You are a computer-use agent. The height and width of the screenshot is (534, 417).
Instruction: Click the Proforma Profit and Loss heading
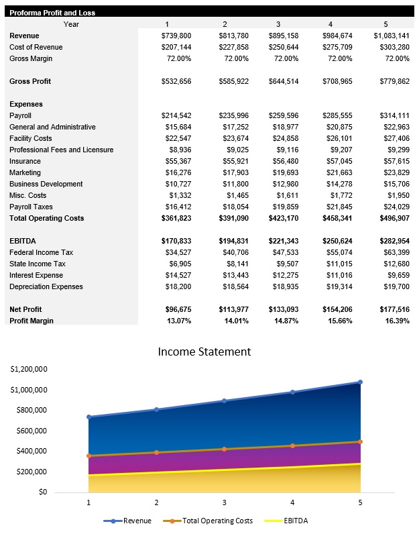52,13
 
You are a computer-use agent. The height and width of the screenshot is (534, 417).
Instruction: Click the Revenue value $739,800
176,36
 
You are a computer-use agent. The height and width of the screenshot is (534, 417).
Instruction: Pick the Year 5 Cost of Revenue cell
392,47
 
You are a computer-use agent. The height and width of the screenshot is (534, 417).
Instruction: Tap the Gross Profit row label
31,81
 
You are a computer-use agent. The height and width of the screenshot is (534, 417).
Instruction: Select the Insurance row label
25,161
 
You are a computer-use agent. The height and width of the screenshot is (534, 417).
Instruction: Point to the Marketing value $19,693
284,172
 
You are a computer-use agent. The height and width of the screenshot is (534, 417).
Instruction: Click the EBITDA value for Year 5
392,241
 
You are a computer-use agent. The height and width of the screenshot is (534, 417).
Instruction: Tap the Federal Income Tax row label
42,252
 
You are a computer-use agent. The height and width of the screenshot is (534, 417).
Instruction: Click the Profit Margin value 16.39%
395,321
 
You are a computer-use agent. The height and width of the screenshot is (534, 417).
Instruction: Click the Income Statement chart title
204,352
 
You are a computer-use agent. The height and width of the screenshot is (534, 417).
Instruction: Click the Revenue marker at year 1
88,417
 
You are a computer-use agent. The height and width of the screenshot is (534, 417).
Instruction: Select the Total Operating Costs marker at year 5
360,441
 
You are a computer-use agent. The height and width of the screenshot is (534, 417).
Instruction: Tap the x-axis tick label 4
292,502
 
